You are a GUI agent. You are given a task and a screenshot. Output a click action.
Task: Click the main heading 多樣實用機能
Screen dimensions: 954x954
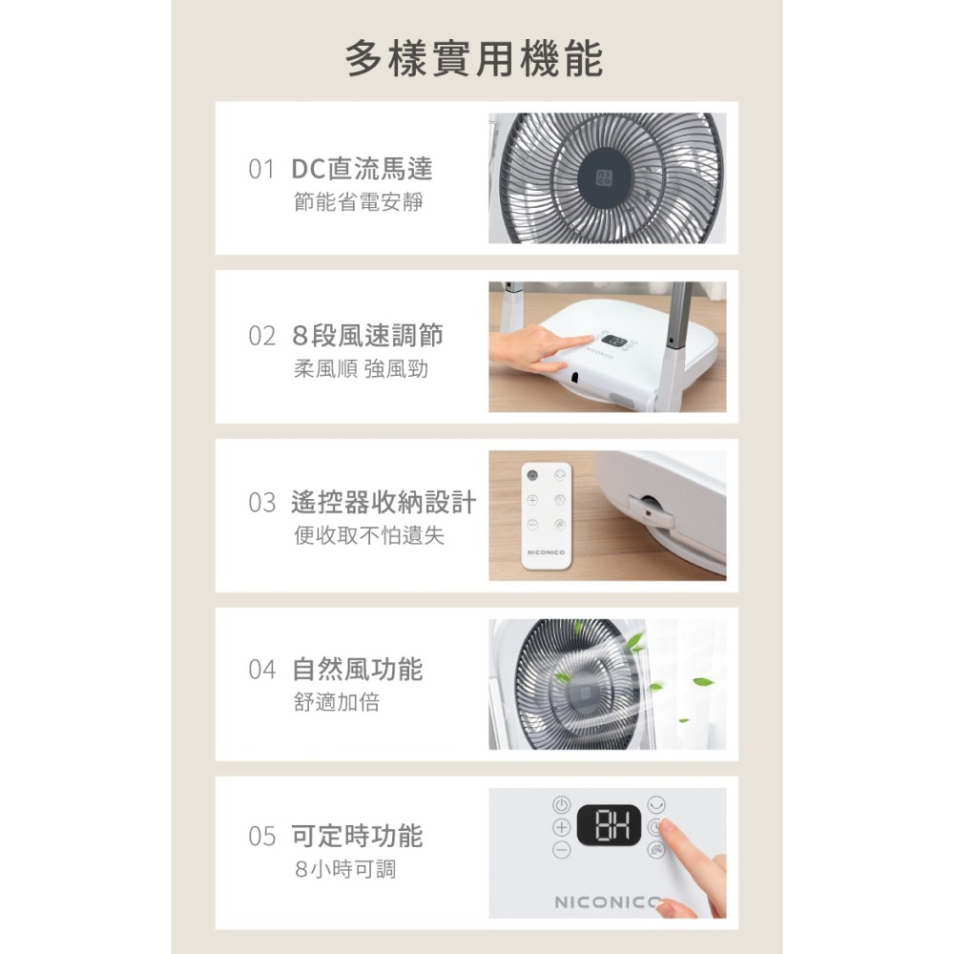(474, 59)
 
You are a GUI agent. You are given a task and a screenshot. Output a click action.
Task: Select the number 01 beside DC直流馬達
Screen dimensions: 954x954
(261, 170)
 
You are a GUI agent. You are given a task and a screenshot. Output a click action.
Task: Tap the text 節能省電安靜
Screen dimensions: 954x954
(359, 202)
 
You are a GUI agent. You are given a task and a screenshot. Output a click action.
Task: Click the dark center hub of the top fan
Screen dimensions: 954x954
(604, 178)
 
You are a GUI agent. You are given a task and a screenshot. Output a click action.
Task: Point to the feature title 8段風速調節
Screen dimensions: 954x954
(367, 336)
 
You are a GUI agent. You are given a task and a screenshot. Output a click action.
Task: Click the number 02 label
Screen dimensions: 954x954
(261, 337)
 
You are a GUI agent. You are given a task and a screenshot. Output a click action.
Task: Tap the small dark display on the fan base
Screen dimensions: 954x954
(615, 341)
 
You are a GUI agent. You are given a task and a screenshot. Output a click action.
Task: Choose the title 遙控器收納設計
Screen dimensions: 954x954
(384, 503)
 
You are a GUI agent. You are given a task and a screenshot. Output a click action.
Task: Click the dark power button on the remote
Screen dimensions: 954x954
(532, 475)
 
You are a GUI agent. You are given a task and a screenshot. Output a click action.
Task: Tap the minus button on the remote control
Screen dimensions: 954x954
(532, 525)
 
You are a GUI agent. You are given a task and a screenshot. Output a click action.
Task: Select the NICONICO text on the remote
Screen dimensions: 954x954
(547, 552)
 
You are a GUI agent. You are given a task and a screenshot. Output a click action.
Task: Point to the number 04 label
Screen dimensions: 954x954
(261, 670)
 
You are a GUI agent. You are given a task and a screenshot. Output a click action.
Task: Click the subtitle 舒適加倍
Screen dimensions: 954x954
(337, 703)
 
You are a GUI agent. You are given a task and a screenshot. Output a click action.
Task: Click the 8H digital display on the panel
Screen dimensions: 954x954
(609, 825)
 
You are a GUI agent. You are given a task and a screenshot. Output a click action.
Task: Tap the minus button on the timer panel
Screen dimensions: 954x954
(562, 850)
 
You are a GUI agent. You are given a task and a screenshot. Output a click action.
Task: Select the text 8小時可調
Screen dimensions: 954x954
(345, 869)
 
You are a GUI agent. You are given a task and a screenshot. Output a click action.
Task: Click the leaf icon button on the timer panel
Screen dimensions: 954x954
(656, 850)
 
